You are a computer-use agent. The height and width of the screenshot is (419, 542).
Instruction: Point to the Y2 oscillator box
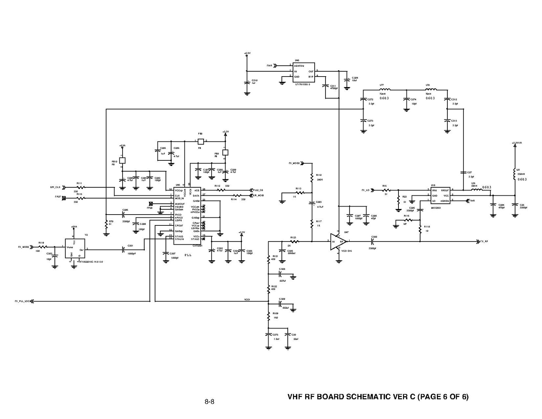[75, 248]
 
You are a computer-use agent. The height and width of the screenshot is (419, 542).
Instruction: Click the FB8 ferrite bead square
[200, 142]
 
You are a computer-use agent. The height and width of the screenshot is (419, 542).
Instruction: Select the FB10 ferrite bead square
[122, 161]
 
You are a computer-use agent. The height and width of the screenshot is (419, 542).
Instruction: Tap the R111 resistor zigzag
[80, 187]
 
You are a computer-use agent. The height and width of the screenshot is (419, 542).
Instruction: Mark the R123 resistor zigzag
[294, 241]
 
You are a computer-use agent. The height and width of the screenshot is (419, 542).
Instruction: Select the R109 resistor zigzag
[268, 317]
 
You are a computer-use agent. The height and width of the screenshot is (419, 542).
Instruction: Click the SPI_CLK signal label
[56, 187]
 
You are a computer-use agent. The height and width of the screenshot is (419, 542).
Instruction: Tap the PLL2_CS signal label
[258, 190]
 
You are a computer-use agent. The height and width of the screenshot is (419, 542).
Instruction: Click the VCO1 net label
[247, 300]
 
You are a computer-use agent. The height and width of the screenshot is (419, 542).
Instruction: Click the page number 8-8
[209, 402]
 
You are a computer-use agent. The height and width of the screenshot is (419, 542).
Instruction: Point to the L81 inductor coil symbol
[514, 175]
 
